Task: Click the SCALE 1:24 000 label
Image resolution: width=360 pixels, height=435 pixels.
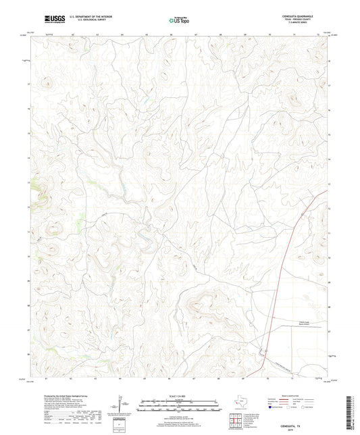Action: tap(178, 395)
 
